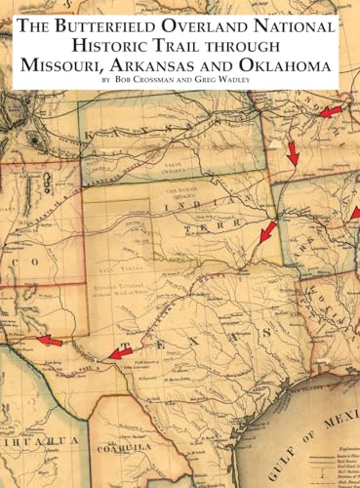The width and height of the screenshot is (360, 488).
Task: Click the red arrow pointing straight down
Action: [293, 152]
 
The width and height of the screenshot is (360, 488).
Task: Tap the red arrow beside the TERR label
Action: [266, 231]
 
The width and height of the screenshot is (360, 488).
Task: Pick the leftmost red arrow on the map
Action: [49, 341]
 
